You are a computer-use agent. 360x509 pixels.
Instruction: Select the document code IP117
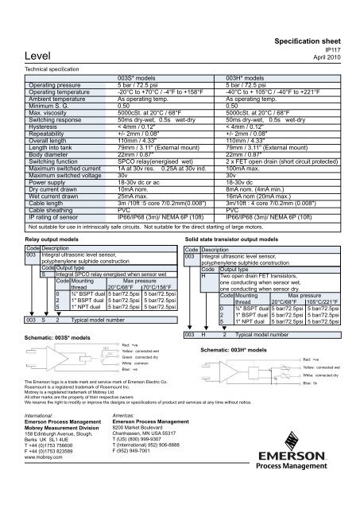click(339, 48)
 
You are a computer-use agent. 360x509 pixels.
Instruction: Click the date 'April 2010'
click(333, 57)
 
